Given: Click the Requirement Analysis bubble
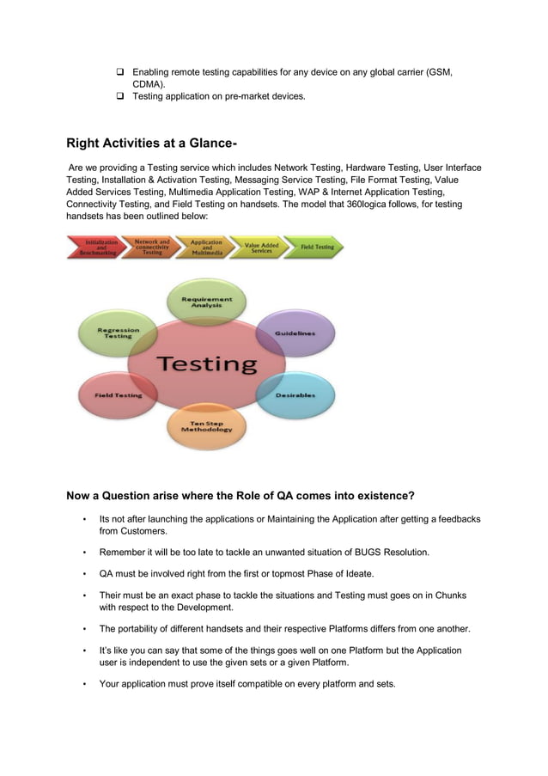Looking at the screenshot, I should click(206, 302).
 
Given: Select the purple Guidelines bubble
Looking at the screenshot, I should click(295, 333).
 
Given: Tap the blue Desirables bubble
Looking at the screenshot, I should click(295, 395).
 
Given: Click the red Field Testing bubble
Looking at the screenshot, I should click(118, 395).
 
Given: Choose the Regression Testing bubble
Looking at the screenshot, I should click(118, 333).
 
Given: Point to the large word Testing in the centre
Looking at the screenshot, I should click(206, 364).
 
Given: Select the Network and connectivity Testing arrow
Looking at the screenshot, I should click(151, 247).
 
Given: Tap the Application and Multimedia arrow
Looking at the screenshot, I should click(206, 247).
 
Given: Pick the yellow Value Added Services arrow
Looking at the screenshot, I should click(261, 247).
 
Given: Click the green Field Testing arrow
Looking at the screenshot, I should click(316, 247).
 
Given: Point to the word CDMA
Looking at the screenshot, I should click(147, 84).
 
